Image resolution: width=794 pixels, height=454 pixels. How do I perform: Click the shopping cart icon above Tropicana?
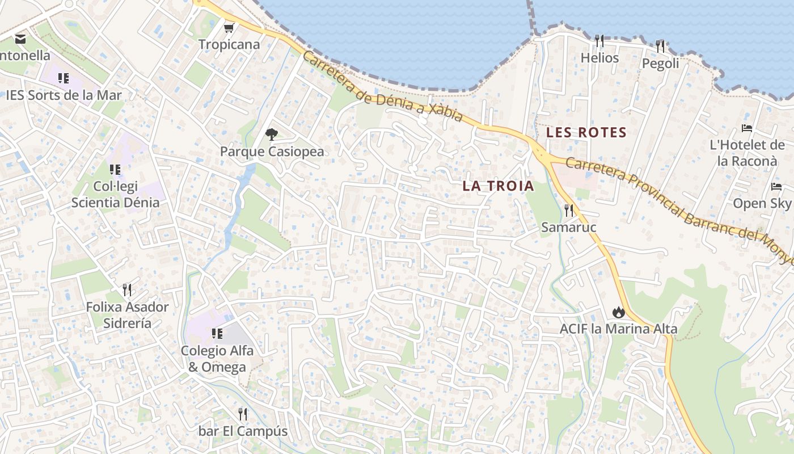click(229, 28)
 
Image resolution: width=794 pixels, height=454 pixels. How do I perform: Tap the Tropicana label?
click(229, 44)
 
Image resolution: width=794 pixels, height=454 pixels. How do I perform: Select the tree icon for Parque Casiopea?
click(272, 134)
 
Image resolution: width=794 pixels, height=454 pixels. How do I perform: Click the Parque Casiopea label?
click(272, 152)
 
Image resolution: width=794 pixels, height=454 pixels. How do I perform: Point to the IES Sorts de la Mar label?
click(64, 95)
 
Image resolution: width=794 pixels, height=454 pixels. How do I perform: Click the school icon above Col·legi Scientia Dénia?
click(115, 169)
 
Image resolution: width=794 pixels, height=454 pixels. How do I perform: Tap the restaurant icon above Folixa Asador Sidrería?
click(127, 290)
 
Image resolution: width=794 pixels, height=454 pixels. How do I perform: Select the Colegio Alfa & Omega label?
click(217, 359)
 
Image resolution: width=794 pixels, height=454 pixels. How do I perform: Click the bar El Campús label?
click(243, 431)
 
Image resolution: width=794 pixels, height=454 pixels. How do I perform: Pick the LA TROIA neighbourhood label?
click(498, 186)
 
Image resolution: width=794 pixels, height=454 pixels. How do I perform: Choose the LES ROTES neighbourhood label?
click(586, 133)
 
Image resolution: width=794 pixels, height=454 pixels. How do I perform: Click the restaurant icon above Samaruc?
click(569, 211)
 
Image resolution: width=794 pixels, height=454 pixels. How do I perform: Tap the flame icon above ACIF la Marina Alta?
click(618, 312)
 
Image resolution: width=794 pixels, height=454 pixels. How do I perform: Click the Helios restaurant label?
click(599, 58)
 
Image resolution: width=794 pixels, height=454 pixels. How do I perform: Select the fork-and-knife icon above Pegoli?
click(660, 46)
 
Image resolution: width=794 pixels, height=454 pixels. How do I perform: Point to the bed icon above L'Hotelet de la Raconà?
click(747, 128)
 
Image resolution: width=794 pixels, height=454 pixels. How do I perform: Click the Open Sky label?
click(762, 203)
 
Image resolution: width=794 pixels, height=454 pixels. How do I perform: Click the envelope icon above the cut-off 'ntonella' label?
click(20, 39)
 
